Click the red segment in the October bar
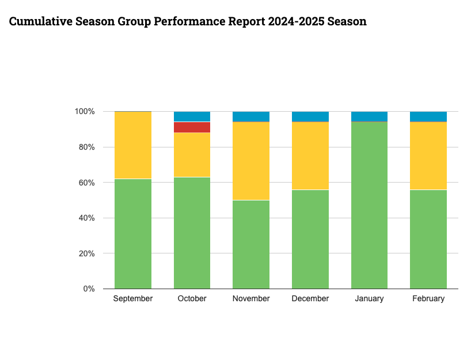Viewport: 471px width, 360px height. (x=192, y=127)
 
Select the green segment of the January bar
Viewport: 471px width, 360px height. (x=369, y=205)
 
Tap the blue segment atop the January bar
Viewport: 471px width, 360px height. (x=369, y=116)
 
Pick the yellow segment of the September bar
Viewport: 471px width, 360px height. (x=133, y=145)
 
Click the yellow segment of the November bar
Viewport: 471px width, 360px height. (x=251, y=161)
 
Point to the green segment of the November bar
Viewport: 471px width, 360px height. (x=251, y=244)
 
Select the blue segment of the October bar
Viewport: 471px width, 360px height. (x=192, y=116)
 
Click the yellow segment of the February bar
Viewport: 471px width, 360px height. (x=428, y=156)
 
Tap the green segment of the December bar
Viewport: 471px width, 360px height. (x=310, y=239)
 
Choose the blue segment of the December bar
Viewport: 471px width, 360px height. (x=310, y=116)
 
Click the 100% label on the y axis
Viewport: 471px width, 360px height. (x=85, y=111)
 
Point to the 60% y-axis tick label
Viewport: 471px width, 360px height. (x=86, y=183)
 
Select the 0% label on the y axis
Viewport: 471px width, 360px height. (x=89, y=289)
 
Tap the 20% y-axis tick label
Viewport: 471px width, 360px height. (x=86, y=253)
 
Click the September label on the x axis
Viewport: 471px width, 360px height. (x=133, y=298)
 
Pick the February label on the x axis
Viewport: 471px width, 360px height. (x=428, y=298)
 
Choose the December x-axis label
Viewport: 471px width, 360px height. (x=310, y=298)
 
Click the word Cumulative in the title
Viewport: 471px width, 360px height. (x=40, y=22)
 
